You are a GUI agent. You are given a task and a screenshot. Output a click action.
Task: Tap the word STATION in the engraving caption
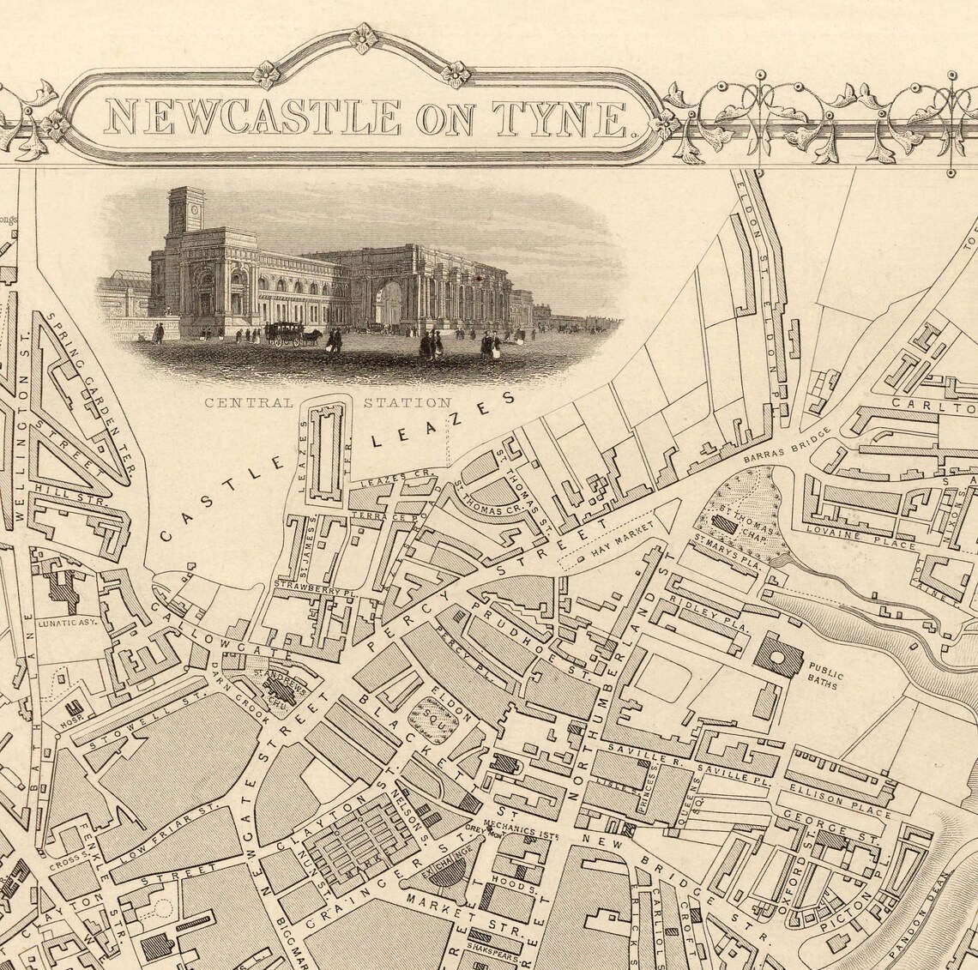[x=407, y=402]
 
